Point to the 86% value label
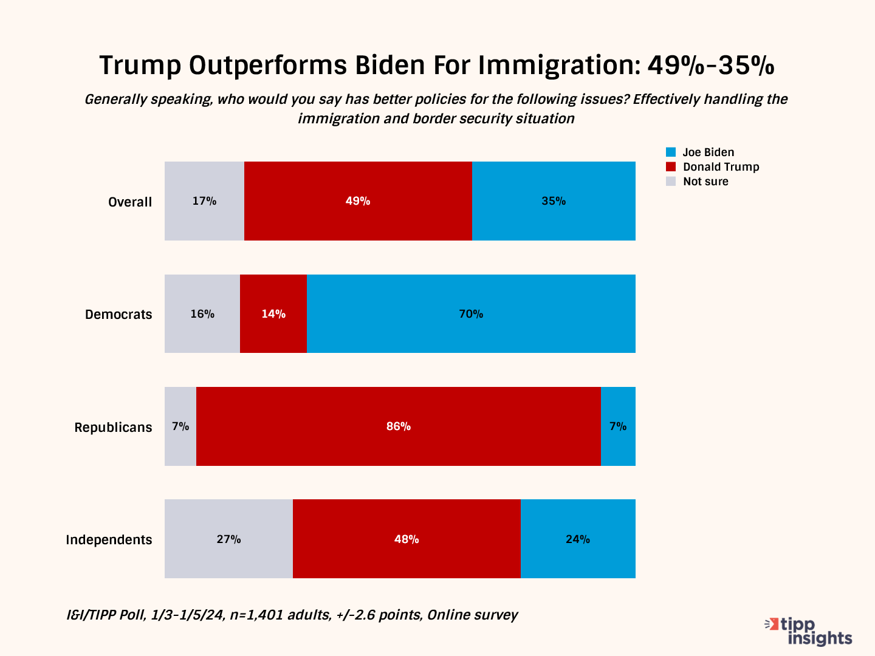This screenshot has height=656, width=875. click(x=399, y=426)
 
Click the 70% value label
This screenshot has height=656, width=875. click(x=471, y=314)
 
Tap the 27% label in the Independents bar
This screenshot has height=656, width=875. click(x=228, y=539)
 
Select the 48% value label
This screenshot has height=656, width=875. click(x=407, y=539)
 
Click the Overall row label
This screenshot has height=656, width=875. click(x=130, y=202)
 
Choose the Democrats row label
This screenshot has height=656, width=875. click(x=118, y=315)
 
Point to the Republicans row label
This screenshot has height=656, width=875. click(x=113, y=427)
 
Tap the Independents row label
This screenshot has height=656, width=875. click(x=109, y=539)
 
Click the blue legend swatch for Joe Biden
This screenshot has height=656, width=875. click(x=671, y=152)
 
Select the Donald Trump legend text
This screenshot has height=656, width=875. click(x=721, y=167)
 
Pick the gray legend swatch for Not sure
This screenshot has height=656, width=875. click(x=671, y=181)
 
